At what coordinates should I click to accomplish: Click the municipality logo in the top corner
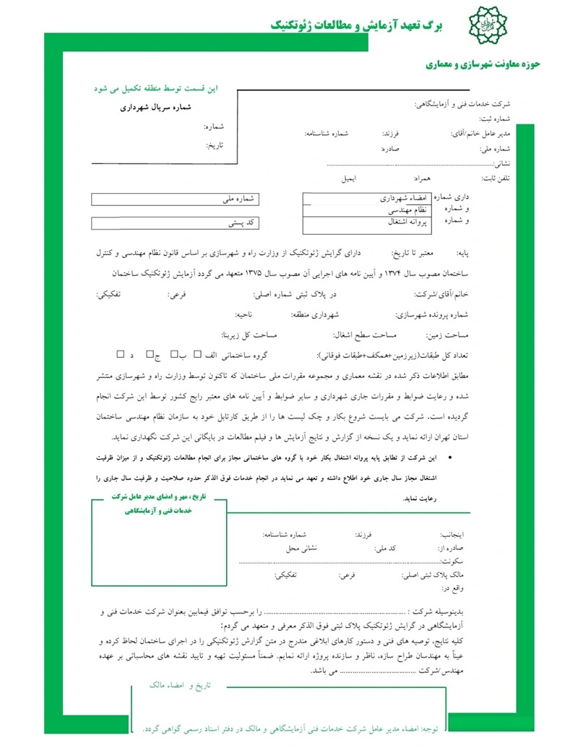point(485,27)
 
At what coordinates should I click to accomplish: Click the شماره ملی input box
point(176,199)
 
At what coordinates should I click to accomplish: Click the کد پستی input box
point(176,223)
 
